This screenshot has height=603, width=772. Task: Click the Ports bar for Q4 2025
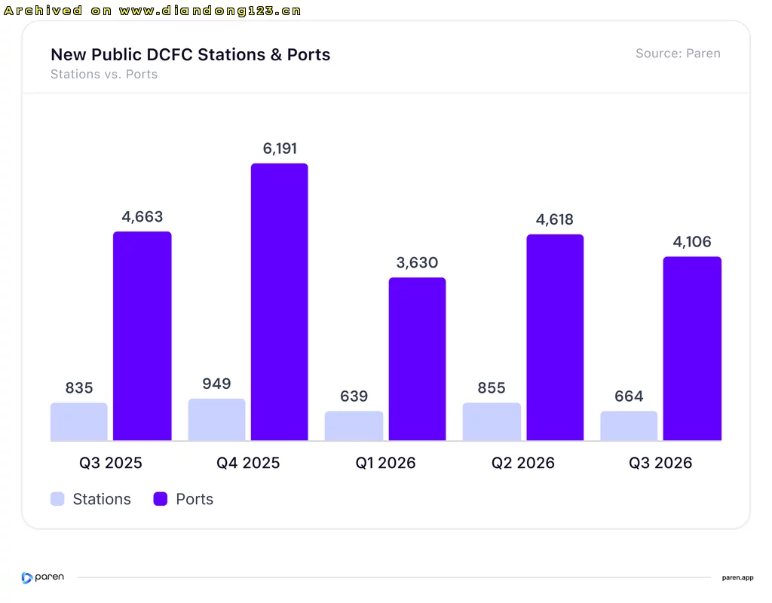coord(279,301)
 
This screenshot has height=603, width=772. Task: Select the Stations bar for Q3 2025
coord(78,422)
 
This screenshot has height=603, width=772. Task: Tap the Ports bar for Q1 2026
coord(417,359)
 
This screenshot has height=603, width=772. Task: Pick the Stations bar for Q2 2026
coord(492,422)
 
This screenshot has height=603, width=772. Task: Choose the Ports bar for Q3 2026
coord(692,348)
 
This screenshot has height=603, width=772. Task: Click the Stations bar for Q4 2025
coord(216,419)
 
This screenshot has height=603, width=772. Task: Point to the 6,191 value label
coord(280,148)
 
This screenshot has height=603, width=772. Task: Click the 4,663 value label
coord(142,216)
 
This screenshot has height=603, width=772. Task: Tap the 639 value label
coord(354,396)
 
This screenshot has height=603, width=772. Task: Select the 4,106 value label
coord(692,242)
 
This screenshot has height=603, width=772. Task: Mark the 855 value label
coord(492,388)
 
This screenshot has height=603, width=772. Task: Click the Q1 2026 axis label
coord(385,464)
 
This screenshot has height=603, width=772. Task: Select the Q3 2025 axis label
coord(111,464)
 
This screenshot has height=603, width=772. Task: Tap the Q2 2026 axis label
coord(523,464)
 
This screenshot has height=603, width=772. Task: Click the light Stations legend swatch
coord(57,499)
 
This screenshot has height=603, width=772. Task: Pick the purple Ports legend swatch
coord(161,499)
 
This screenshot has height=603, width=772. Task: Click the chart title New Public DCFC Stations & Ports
coord(191,54)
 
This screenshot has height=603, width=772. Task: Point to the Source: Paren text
coord(678,54)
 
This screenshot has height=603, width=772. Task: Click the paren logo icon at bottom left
coord(26,578)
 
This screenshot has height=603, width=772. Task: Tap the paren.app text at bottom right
coord(737,578)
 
